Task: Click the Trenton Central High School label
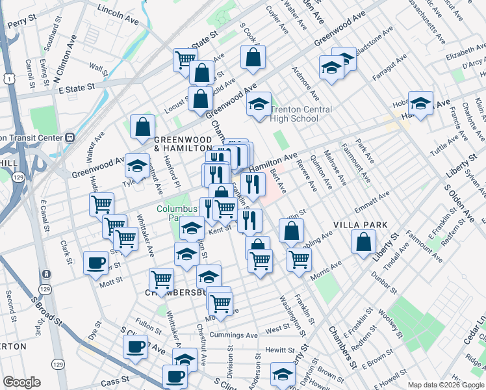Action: pos(301,114)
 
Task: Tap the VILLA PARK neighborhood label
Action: pos(361,225)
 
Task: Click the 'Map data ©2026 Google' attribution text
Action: pos(446,384)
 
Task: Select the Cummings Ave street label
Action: pos(234,335)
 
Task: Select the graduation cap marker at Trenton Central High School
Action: pos(259,104)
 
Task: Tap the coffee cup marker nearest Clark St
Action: pos(96,263)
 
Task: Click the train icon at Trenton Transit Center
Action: pos(69,138)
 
